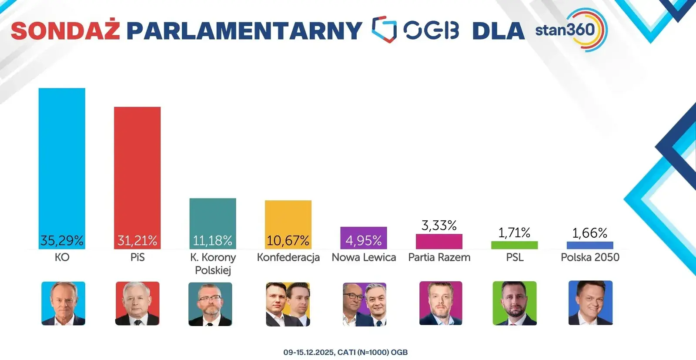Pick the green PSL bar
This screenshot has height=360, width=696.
pos(514,245)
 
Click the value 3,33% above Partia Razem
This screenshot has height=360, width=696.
pos(439,225)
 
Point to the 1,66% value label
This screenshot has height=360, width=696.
pos(589,233)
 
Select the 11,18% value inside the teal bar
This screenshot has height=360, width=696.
pos(212,240)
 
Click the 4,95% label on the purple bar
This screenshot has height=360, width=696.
pos(363,240)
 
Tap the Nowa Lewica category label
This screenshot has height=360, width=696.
pos(364,257)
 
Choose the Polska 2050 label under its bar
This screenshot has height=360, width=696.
pos(590,257)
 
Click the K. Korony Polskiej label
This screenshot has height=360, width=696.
pos(213,263)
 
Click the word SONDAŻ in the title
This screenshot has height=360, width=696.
pos(65,30)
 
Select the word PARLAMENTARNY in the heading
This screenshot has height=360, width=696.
pos(244,30)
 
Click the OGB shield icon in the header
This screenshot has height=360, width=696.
pos(384,30)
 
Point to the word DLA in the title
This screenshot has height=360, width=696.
pos(498,30)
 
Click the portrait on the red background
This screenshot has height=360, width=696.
pos(137,303)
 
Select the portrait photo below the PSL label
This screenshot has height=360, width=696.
pos(514,303)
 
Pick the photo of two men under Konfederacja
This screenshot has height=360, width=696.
pos(288,304)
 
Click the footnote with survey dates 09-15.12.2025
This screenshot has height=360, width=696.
pos(345,352)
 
